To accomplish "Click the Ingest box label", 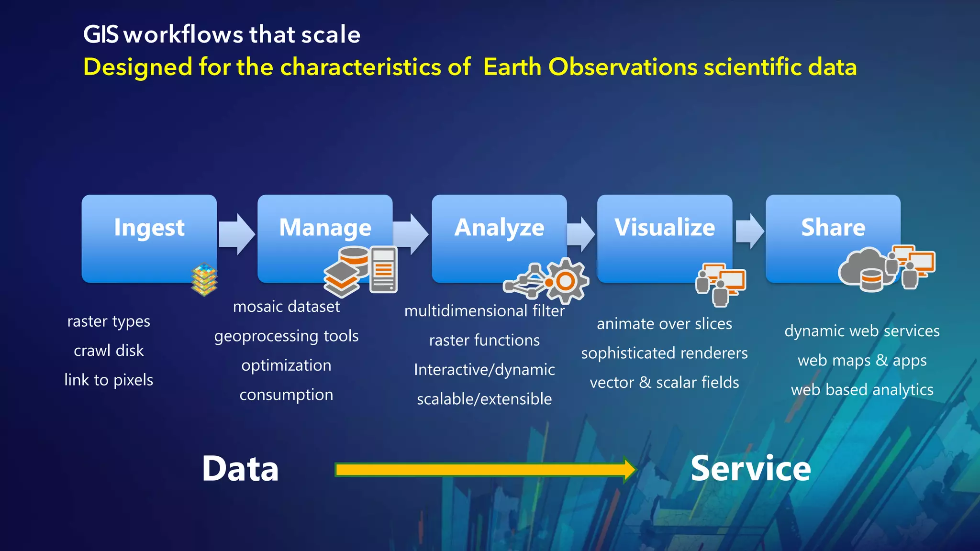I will click(149, 228).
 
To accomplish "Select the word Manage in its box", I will click(325, 228).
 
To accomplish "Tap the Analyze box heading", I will click(499, 228).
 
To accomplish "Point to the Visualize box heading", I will click(665, 227).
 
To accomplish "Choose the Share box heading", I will click(833, 227).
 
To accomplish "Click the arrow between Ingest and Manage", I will click(237, 234).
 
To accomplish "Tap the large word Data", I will click(240, 469).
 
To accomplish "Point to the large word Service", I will click(750, 469).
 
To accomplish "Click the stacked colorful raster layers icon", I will click(204, 279).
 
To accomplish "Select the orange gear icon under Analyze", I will click(566, 281).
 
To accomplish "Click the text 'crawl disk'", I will click(109, 351).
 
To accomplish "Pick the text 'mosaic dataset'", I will click(286, 307).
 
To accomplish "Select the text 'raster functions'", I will click(484, 341).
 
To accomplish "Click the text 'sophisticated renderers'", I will click(664, 353).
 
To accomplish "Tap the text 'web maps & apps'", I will click(862, 360).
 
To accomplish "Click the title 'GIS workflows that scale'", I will click(222, 34).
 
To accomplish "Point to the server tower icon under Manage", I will click(383, 269).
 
